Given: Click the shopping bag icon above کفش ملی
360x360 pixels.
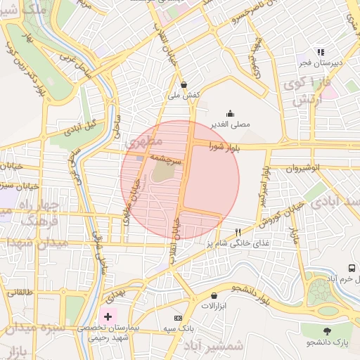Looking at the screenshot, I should (x=184, y=84).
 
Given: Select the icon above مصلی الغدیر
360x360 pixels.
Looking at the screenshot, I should (x=230, y=113).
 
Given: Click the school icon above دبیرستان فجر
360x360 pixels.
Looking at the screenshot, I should (x=321, y=52).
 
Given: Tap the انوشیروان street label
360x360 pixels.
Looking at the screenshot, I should (x=306, y=169).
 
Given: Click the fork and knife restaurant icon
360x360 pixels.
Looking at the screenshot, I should (x=238, y=232).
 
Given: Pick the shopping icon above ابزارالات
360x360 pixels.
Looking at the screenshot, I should (x=206, y=296).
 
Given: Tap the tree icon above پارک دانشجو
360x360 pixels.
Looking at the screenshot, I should (x=327, y=330).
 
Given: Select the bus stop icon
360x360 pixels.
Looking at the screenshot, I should (x=352, y=268).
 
